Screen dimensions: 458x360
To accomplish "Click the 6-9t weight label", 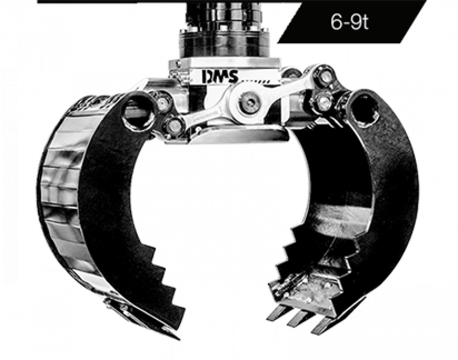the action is pyautogui.click(x=349, y=22).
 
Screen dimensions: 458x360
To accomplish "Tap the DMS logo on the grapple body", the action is pyautogui.click(x=220, y=77).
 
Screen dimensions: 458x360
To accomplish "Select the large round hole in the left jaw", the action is pyautogui.click(x=139, y=113).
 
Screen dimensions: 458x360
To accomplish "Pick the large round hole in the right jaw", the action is pyautogui.click(x=365, y=110).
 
